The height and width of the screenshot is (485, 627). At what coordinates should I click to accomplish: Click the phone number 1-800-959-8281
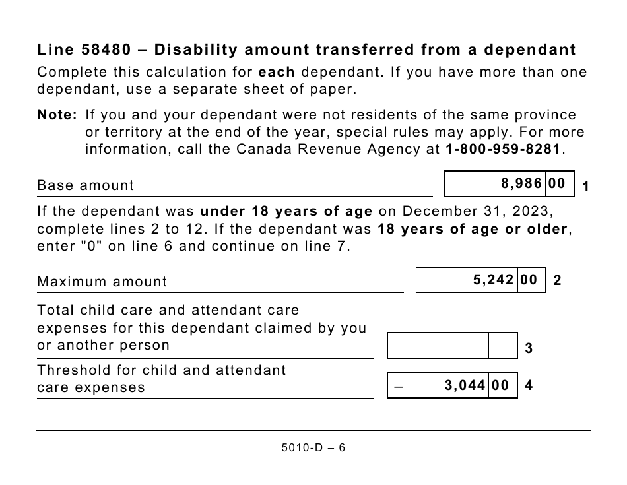click(x=502, y=149)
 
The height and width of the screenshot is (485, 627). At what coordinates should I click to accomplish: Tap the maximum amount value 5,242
click(x=493, y=280)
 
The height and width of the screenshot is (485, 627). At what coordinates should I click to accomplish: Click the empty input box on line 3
click(x=438, y=345)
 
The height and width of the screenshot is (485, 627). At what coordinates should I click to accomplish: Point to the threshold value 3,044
click(x=465, y=385)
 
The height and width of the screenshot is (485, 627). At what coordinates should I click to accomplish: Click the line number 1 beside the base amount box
click(x=585, y=187)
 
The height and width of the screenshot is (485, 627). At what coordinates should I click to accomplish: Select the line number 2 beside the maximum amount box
click(x=557, y=281)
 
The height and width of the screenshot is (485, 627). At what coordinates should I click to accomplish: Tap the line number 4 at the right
click(x=529, y=386)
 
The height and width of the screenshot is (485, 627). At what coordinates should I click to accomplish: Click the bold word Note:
click(x=58, y=115)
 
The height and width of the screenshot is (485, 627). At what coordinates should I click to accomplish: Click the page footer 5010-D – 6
click(x=313, y=448)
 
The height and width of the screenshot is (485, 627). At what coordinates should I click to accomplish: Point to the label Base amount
click(x=85, y=185)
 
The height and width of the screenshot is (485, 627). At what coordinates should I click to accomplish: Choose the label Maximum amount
click(x=102, y=282)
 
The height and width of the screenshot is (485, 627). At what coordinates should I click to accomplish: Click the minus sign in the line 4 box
click(x=398, y=387)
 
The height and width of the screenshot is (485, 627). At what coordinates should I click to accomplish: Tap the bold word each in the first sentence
click(x=276, y=72)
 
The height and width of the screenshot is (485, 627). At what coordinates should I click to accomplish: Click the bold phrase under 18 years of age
click(x=286, y=212)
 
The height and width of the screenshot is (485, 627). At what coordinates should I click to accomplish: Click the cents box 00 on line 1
click(x=557, y=184)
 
